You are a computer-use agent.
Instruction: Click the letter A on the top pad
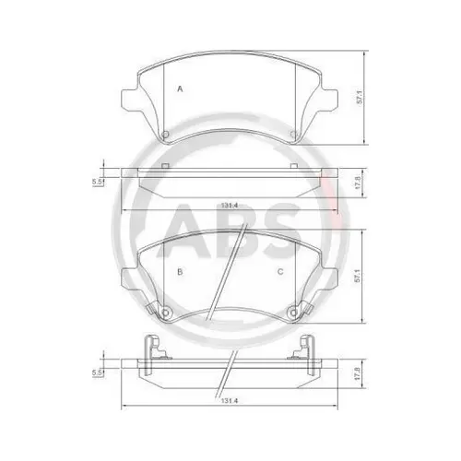180,89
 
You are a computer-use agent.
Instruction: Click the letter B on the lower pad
180,272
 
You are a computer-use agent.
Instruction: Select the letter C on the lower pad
280,272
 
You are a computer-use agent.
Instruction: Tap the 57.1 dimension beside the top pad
361,97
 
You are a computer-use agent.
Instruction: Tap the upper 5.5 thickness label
97,182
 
